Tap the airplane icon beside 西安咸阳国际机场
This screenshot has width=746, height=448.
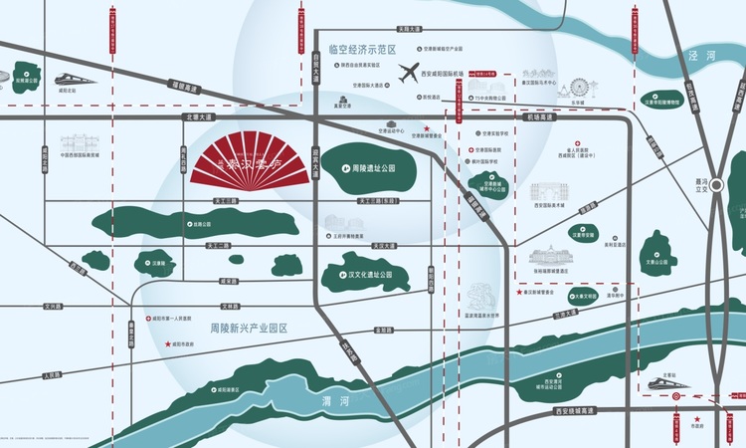(x=408, y=72)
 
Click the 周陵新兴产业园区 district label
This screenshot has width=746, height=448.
(x=248, y=329)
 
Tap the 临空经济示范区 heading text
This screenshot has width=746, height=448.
(x=362, y=48)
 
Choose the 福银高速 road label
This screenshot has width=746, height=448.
(x=185, y=89)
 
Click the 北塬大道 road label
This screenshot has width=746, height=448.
(x=199, y=116)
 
